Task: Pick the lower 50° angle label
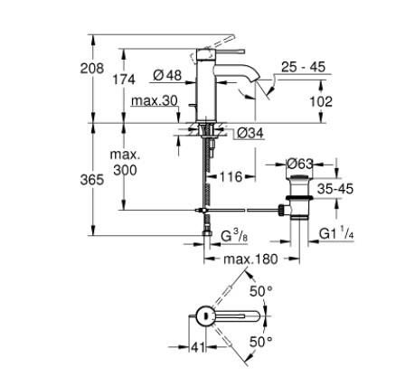point(262,342)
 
